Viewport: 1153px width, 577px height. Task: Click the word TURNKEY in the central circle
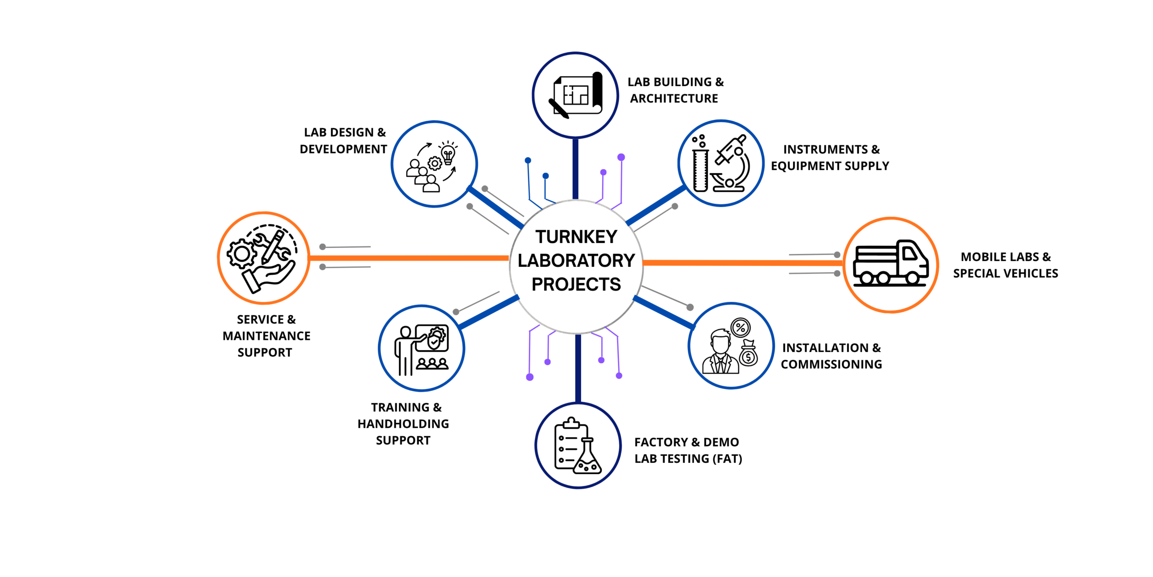click(x=576, y=237)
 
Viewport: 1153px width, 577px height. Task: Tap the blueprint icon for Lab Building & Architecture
click(x=576, y=95)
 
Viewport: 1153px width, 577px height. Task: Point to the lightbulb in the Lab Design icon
click(x=448, y=154)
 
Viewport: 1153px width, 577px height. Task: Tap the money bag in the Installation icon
click(x=748, y=354)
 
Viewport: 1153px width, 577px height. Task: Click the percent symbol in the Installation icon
click(x=740, y=328)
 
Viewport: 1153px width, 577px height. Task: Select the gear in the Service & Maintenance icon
click(x=242, y=254)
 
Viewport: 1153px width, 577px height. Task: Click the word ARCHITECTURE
click(x=674, y=99)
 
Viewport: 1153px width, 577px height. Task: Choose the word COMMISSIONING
click(x=831, y=365)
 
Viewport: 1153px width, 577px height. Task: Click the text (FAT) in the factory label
click(x=727, y=459)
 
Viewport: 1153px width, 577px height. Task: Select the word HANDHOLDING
click(x=403, y=424)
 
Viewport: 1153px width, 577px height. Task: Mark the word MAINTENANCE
click(x=266, y=336)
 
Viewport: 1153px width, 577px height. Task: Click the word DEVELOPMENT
click(x=343, y=149)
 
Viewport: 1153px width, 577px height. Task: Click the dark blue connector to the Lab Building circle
click(x=575, y=169)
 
